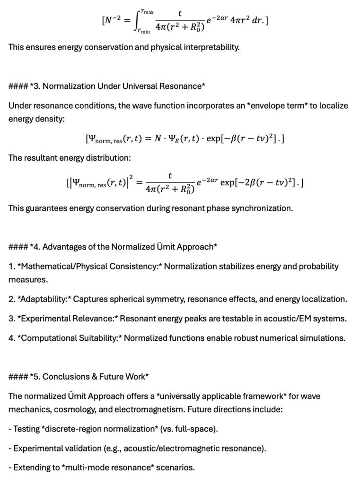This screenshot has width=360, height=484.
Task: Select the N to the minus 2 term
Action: [113, 22]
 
